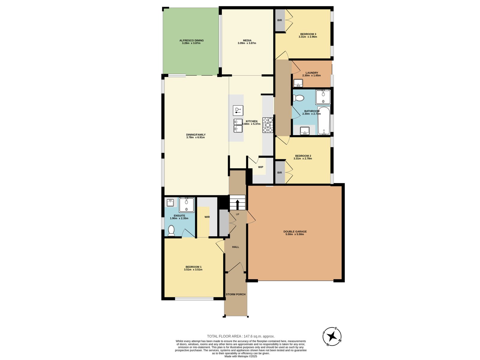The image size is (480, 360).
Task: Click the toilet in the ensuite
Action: tap(171, 231)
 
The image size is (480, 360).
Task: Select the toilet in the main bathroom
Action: tap(298, 98)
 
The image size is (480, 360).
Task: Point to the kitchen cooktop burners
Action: tap(268, 125)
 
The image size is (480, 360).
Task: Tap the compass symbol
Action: tap(332, 337)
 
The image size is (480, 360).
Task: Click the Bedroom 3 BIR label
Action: tap(280, 20)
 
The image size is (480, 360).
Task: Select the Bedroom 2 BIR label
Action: tap(280, 172)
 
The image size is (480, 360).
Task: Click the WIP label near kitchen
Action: tap(260, 167)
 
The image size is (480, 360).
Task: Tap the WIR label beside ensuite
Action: tap(207, 217)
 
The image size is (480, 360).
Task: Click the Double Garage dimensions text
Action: tap(295, 234)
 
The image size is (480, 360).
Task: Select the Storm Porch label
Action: tap(235, 294)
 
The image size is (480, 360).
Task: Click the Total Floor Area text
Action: tap(241, 336)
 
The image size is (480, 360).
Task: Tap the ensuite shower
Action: tap(187, 205)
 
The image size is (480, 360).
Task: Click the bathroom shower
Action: tap(323, 97)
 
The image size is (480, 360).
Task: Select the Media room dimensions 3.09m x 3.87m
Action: tap(247, 43)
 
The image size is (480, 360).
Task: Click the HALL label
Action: tap(235, 247)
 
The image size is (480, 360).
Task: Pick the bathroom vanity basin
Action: tap(304, 130)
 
